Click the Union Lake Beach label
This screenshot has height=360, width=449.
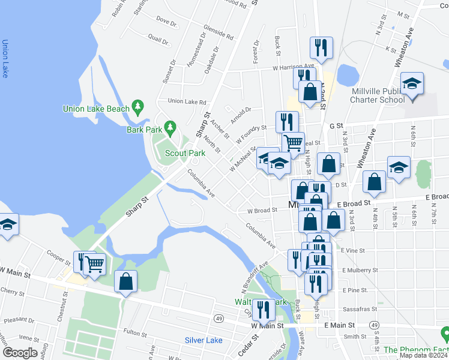[x=96, y=109]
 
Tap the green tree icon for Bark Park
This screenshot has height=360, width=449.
[x=170, y=127]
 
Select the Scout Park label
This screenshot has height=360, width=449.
[x=185, y=153]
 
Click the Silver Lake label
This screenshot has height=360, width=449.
[x=203, y=340]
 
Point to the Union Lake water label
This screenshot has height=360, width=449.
[x=5, y=58]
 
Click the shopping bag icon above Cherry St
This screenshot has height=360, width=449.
[x=126, y=281]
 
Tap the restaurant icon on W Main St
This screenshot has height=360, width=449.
[x=263, y=310]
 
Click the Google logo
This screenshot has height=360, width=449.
[x=20, y=353]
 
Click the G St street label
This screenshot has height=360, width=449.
[x=336, y=126]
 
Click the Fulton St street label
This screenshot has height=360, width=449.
[x=135, y=331]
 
